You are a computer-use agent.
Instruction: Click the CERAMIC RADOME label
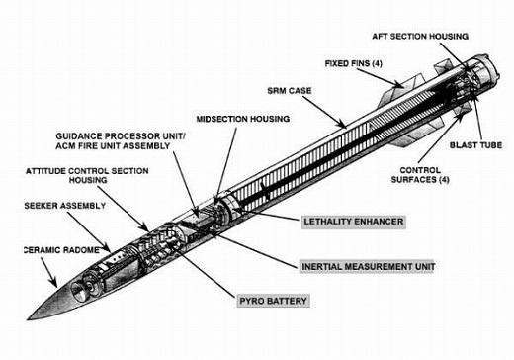pyautogui.click(x=61, y=250)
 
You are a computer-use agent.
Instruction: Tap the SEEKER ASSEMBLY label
pyautogui.click(x=65, y=206)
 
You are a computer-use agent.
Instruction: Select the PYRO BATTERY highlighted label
pyautogui.click(x=273, y=301)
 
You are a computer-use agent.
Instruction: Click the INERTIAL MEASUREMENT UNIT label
pyautogui.click(x=368, y=266)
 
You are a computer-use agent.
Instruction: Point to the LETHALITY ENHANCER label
pyautogui.click(x=354, y=222)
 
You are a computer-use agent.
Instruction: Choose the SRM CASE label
pyautogui.click(x=290, y=91)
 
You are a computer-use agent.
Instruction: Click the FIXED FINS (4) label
pyautogui.click(x=354, y=63)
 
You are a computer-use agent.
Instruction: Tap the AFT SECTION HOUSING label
pyautogui.click(x=420, y=37)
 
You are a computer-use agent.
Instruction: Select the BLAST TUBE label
pyautogui.click(x=475, y=145)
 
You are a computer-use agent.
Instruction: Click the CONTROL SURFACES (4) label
pyautogui.click(x=420, y=175)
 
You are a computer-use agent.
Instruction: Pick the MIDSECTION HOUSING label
pyautogui.click(x=243, y=119)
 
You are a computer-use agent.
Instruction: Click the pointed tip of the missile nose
pyautogui.click(x=28, y=319)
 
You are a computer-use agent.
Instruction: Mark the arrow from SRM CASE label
pyautogui.click(x=324, y=112)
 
